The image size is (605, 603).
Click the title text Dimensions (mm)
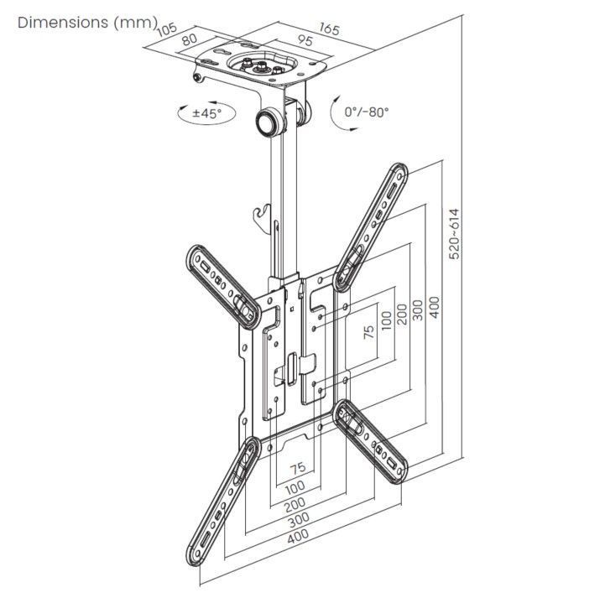click(87, 23)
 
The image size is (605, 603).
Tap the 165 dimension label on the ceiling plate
click(328, 30)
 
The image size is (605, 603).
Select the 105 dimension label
click(166, 31)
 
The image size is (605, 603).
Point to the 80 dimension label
click(190, 40)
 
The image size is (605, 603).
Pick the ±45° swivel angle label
click(206, 112)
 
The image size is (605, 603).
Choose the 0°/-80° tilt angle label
click(367, 112)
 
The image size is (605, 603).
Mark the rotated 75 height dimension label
click(368, 330)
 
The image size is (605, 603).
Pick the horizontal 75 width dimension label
click(297, 468)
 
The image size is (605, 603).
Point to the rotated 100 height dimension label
click(384, 320)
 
